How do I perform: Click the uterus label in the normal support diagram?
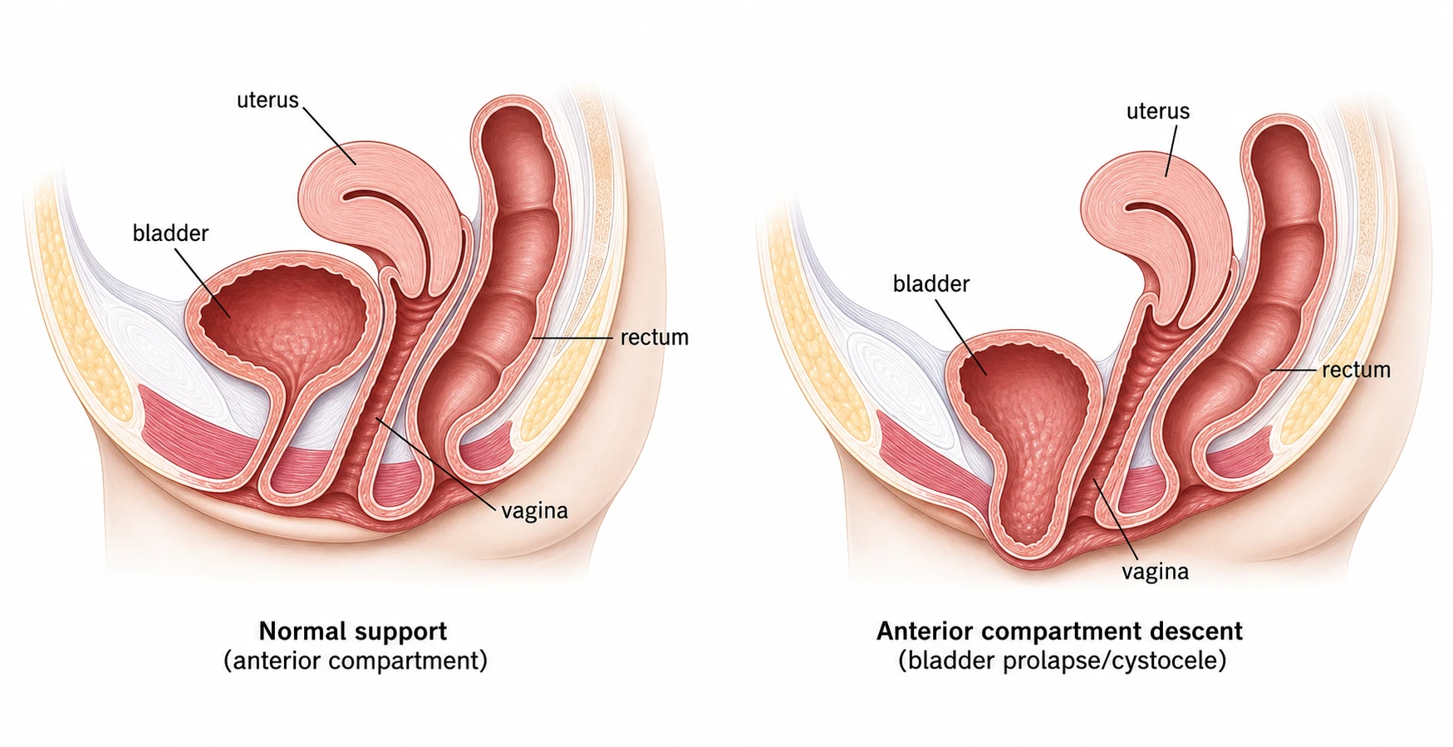tap(268, 101)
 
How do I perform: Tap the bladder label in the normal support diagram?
tap(170, 233)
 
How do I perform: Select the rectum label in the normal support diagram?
tap(655, 337)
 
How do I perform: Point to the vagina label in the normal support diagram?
tap(534, 511)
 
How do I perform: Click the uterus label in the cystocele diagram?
tap(1158, 111)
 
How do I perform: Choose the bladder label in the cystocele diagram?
tap(931, 284)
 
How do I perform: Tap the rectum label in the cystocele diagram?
tap(1356, 370)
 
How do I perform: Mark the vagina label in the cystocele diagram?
tap(1155, 572)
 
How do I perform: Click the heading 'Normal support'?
tap(353, 632)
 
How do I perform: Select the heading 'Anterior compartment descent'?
tap(1059, 632)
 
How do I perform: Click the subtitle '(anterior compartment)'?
tap(356, 661)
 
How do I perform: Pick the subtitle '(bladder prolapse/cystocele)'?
tap(1062, 661)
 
